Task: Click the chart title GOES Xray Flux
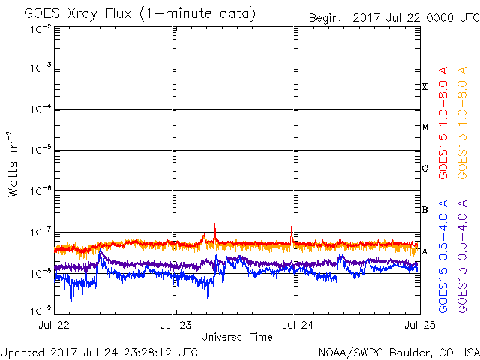[78, 14]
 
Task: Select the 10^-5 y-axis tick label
[40, 150]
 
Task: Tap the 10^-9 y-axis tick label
[40, 310]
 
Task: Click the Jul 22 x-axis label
[54, 325]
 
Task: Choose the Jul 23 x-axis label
[176, 325]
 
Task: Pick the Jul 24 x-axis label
[298, 325]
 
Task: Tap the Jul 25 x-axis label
[420, 325]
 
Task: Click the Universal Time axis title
[237, 337]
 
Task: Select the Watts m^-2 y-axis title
[13, 164]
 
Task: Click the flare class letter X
[424, 87]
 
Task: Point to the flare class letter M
[425, 127]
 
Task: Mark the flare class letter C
[424, 168]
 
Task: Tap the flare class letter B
[424, 210]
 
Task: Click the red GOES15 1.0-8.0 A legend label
[443, 123]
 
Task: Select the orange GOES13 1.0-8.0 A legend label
[462, 123]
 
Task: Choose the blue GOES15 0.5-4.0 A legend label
[443, 256]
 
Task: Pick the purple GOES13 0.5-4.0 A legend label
[462, 256]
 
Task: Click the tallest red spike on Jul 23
[215, 224]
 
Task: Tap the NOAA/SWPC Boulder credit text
[399, 352]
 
